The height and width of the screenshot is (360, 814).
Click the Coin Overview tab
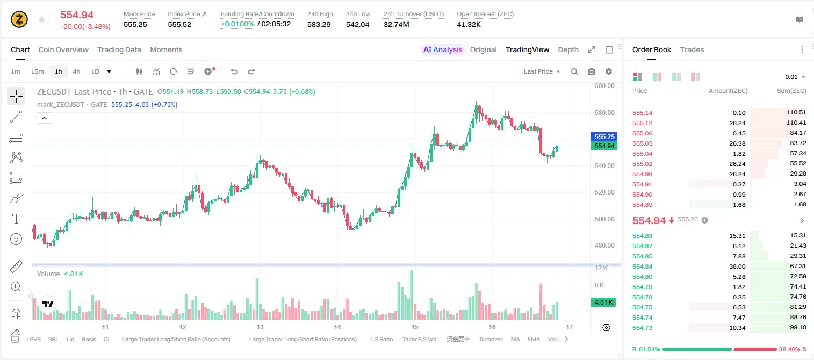click(x=63, y=49)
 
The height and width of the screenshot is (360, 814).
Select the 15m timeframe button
click(x=38, y=71)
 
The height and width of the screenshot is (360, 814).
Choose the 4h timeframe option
click(x=76, y=71)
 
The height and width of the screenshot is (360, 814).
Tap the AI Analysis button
click(x=443, y=49)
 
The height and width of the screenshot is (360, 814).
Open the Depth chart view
click(x=568, y=49)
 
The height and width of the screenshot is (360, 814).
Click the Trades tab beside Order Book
click(x=692, y=49)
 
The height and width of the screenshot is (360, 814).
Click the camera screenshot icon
click(x=592, y=71)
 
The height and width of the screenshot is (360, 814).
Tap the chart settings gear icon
click(x=609, y=71)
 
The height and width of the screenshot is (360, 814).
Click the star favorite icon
click(x=42, y=19)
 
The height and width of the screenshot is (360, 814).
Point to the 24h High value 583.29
click(x=319, y=24)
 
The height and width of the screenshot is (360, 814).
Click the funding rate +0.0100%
click(x=237, y=24)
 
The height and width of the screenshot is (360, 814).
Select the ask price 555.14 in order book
click(x=642, y=113)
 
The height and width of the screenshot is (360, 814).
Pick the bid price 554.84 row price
click(x=642, y=267)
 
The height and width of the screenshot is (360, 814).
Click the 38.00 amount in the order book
click(x=737, y=267)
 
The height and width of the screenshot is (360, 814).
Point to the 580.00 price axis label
click(x=604, y=113)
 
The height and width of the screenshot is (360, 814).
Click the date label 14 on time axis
click(x=337, y=327)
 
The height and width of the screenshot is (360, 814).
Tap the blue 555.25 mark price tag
click(x=604, y=136)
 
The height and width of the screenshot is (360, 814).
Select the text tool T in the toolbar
click(x=16, y=219)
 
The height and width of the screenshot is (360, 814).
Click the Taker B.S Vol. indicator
click(x=419, y=339)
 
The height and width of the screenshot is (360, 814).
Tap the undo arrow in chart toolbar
click(x=234, y=71)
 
